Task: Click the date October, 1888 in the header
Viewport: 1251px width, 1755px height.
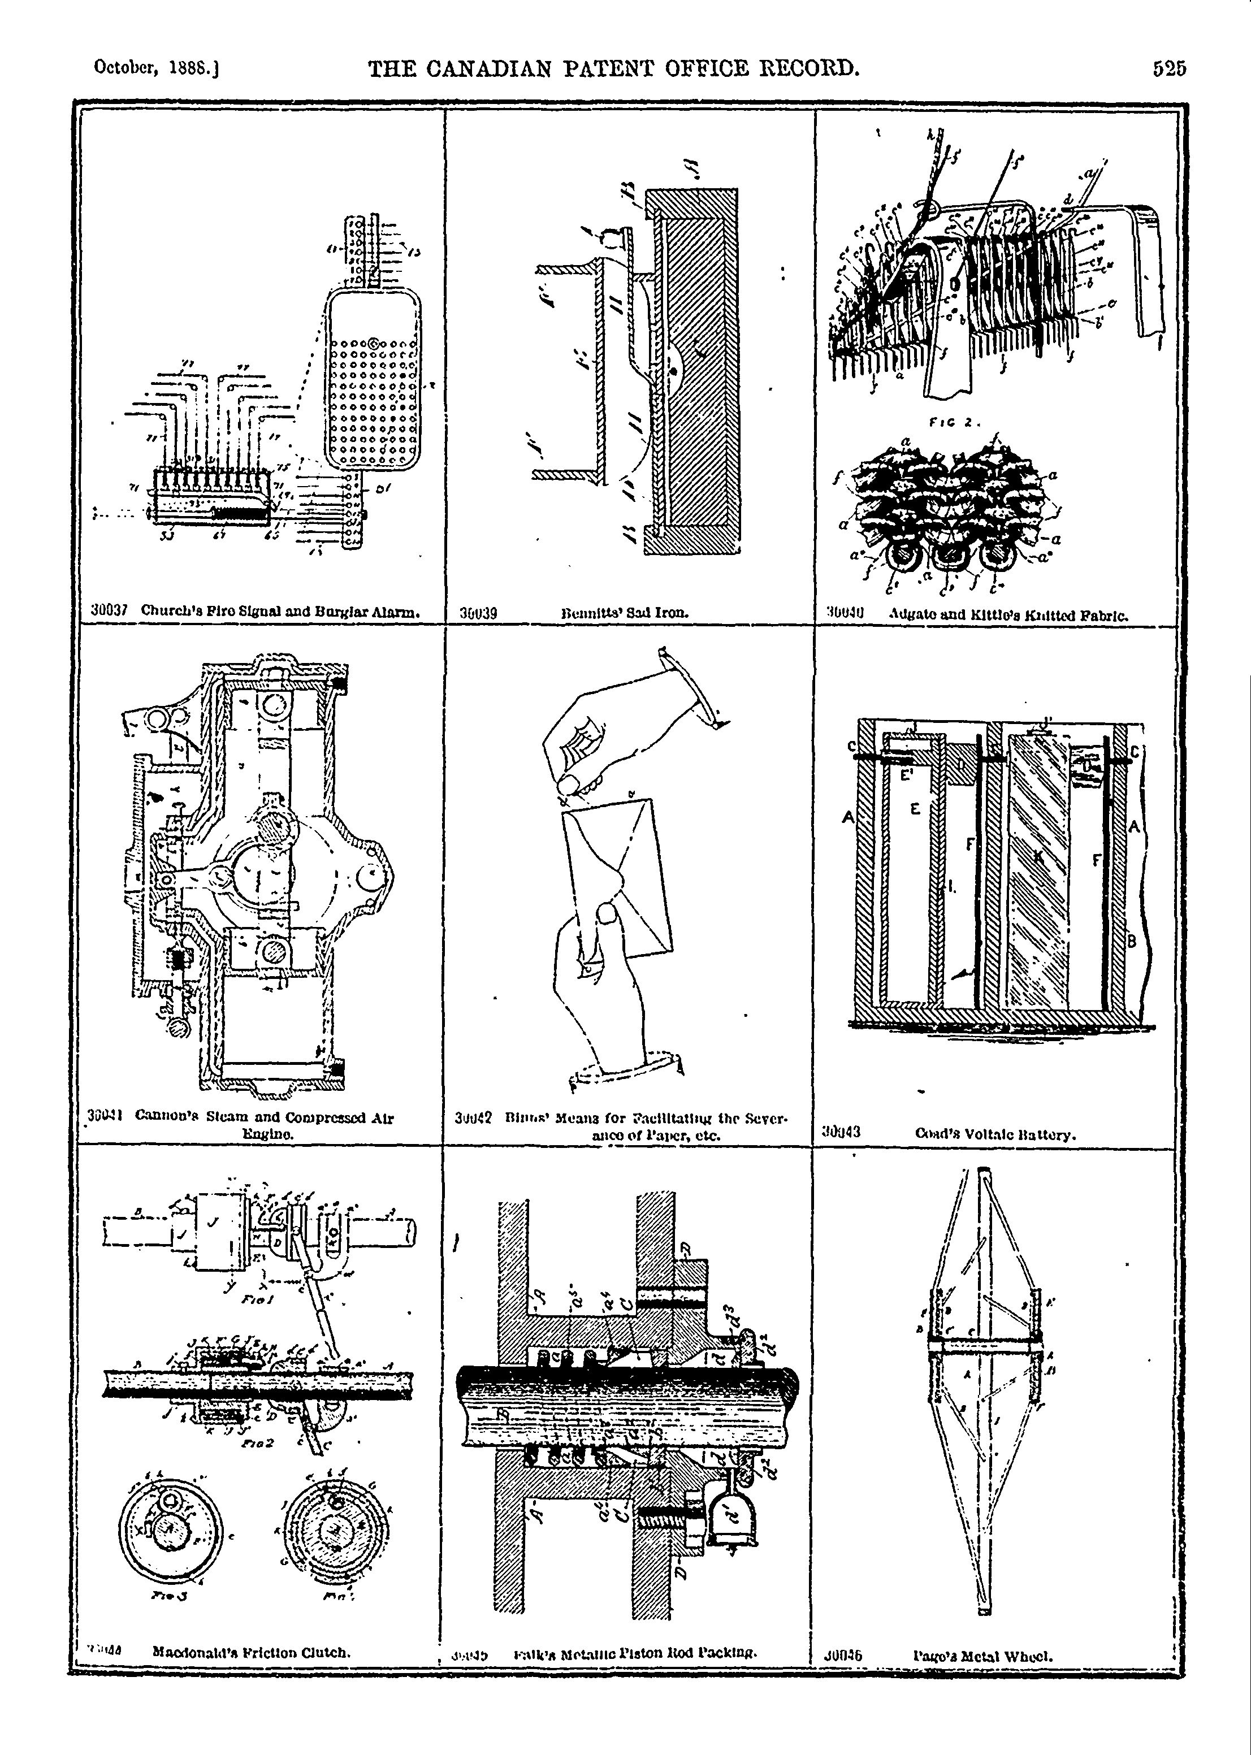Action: click(x=157, y=68)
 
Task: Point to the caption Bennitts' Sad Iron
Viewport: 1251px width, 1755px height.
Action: click(x=625, y=614)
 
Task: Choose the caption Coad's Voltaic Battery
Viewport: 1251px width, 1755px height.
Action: click(x=995, y=1134)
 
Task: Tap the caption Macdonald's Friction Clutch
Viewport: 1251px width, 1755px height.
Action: click(x=252, y=1651)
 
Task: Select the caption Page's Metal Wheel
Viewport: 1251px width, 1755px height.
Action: click(x=983, y=1656)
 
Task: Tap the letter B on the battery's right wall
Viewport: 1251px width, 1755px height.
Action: click(x=1132, y=941)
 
